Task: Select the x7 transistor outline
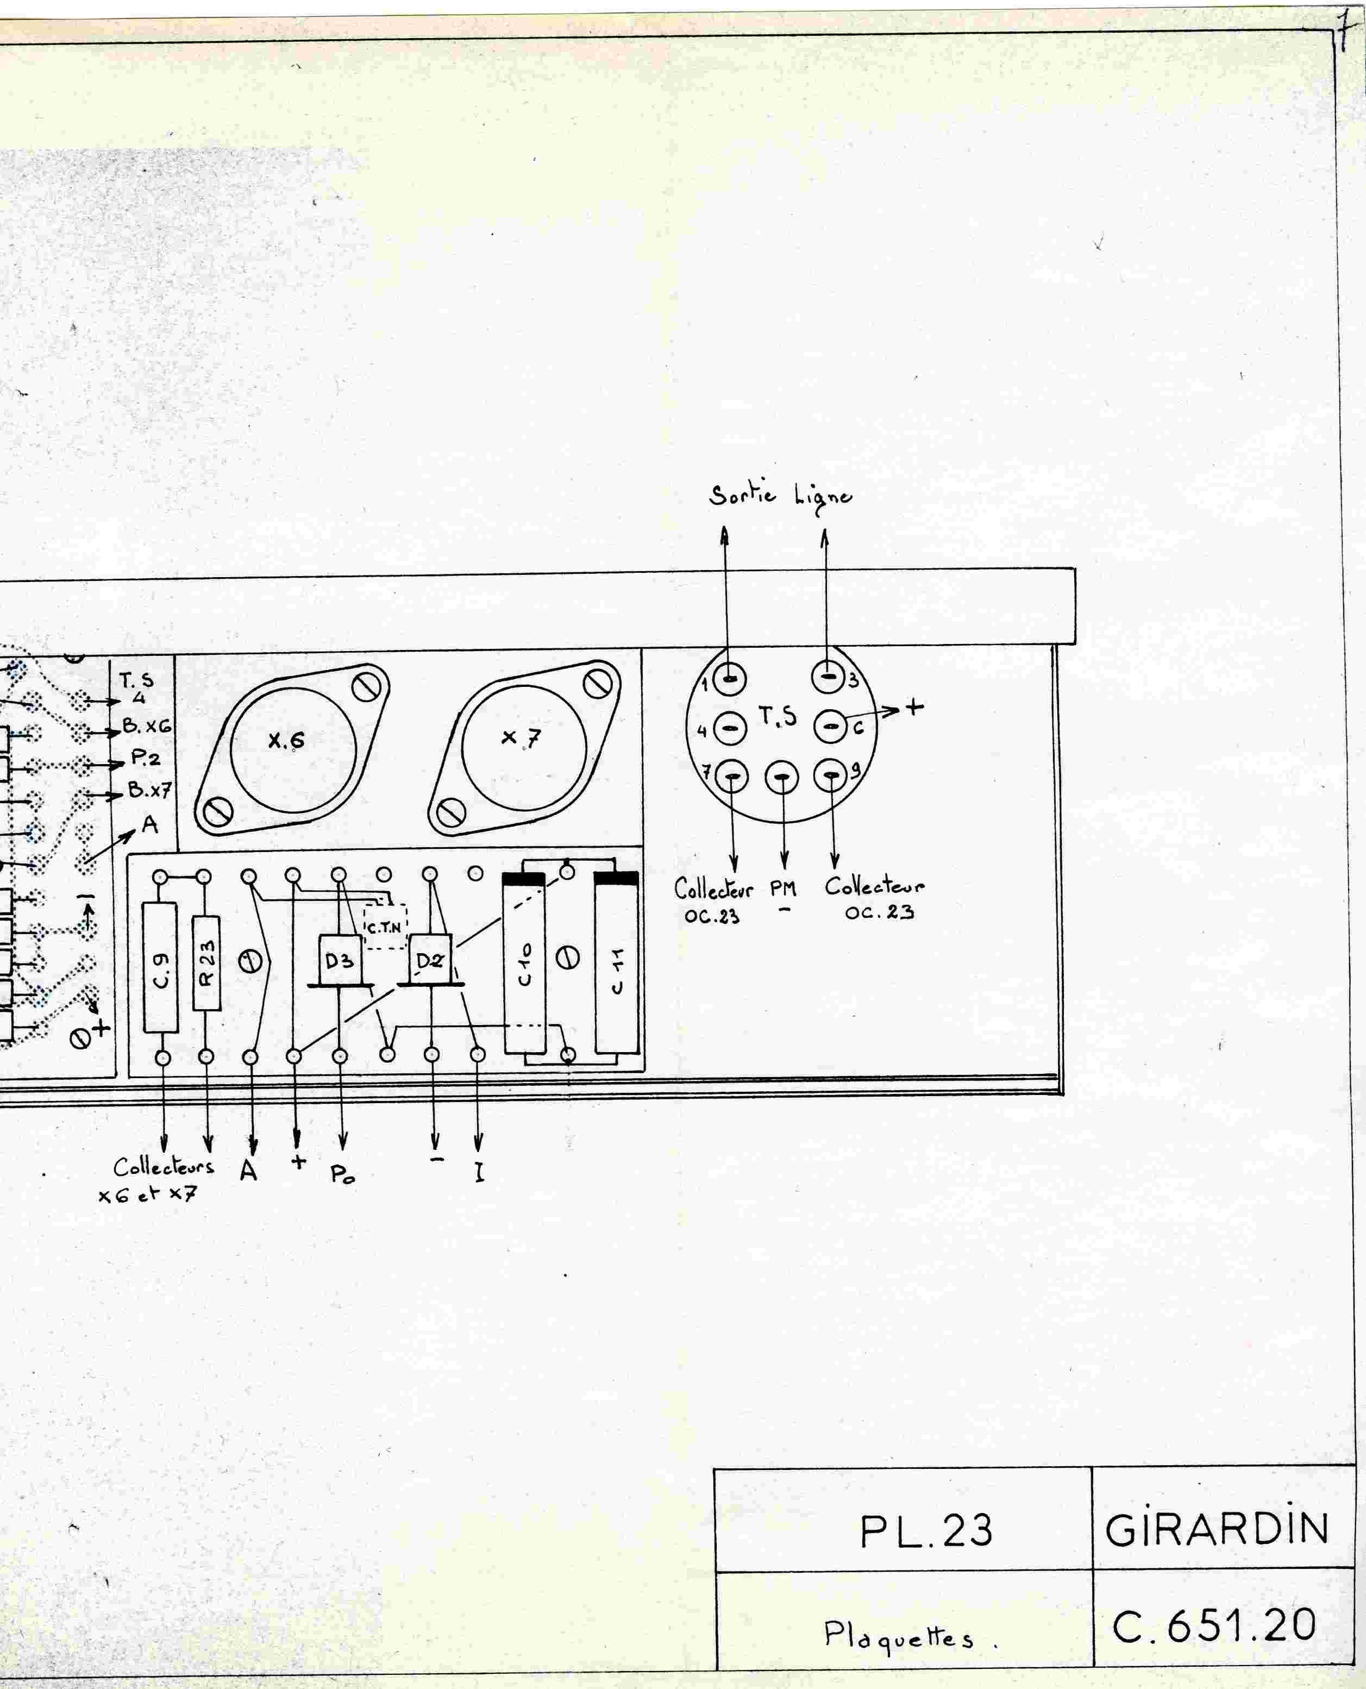point(524,748)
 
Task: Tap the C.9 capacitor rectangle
point(160,967)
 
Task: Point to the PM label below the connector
point(783,890)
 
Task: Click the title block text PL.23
point(925,1531)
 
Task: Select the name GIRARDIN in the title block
point(1217,1529)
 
